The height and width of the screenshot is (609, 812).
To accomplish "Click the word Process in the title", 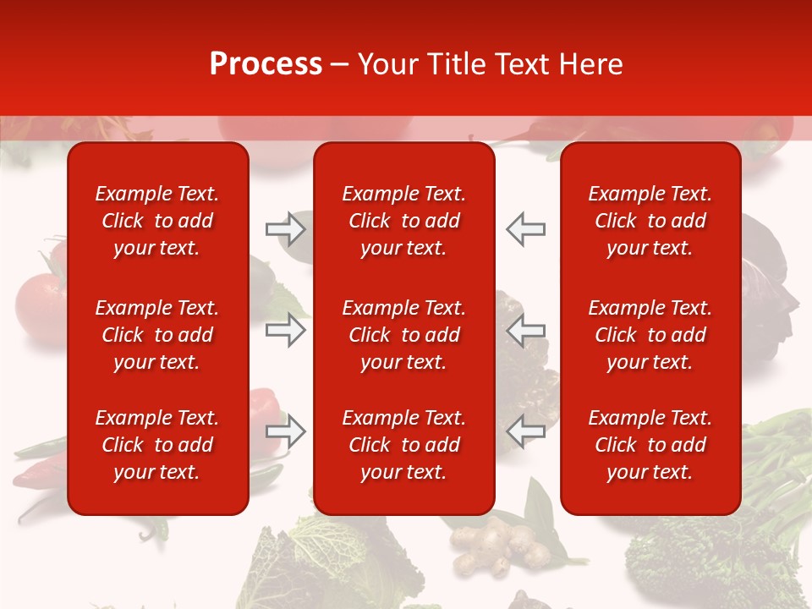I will coord(266,64).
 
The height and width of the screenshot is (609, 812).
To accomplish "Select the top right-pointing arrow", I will coord(285,228).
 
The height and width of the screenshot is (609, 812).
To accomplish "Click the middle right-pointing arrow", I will coord(285,330).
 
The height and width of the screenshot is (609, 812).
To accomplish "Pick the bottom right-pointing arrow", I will coord(285,431).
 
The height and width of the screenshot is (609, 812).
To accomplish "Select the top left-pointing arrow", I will coord(526,228).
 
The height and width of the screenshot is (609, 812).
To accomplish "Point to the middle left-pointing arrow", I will coord(526,330).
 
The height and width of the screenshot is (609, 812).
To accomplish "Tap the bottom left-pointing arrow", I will coord(526,431).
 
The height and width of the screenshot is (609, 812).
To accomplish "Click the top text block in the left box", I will coord(157,221).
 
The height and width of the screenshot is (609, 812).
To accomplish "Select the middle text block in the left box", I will coord(157,335).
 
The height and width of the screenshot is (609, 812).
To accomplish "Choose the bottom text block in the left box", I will coord(157,445).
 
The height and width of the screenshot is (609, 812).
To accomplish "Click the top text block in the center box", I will coord(403,221).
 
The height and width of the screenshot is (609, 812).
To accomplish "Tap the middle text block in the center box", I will coord(403,335).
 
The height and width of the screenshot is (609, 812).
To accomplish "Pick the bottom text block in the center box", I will coord(403,445).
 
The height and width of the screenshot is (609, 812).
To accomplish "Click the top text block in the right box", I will coord(650,221).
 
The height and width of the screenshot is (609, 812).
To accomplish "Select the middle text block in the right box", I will coord(650,335).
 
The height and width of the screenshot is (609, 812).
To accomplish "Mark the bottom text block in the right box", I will coord(650,445).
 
